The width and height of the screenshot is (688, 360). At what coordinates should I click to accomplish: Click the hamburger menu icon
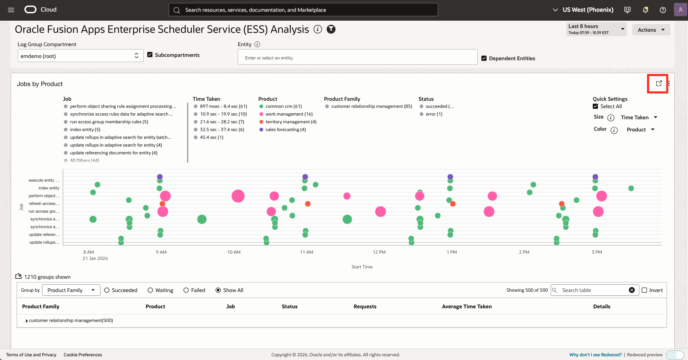[11, 10]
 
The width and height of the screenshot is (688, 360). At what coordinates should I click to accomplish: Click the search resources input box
[303, 10]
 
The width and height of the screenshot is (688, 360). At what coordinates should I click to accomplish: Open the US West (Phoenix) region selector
[583, 10]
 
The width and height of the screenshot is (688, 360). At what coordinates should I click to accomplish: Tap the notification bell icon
[645, 10]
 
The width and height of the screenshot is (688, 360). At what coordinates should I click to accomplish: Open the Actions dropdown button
[651, 30]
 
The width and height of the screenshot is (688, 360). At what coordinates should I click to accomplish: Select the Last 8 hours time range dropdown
[596, 29]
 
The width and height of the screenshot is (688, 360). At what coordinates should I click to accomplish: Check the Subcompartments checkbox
[150, 55]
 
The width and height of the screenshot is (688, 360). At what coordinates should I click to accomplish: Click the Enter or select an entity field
[357, 58]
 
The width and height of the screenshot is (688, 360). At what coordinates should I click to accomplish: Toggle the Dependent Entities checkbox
[484, 58]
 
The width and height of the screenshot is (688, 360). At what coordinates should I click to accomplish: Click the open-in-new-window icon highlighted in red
[658, 83]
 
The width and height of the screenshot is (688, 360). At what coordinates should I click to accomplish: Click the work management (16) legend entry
[289, 114]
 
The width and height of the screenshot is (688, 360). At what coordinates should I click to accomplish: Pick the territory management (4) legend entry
[290, 122]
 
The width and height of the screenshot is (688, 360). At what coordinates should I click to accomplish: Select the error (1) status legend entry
[434, 114]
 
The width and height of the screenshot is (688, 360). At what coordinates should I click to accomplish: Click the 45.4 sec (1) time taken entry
[211, 137]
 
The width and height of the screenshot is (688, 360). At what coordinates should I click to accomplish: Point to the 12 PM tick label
[379, 252]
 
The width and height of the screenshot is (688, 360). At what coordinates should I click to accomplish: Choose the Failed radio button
[186, 290]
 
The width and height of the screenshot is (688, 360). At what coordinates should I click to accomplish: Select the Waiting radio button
[150, 290]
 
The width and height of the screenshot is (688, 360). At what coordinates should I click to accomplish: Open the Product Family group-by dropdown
[71, 290]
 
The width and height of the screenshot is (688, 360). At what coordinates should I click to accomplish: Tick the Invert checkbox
[644, 290]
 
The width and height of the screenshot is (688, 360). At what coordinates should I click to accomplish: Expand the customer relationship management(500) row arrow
[27, 321]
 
